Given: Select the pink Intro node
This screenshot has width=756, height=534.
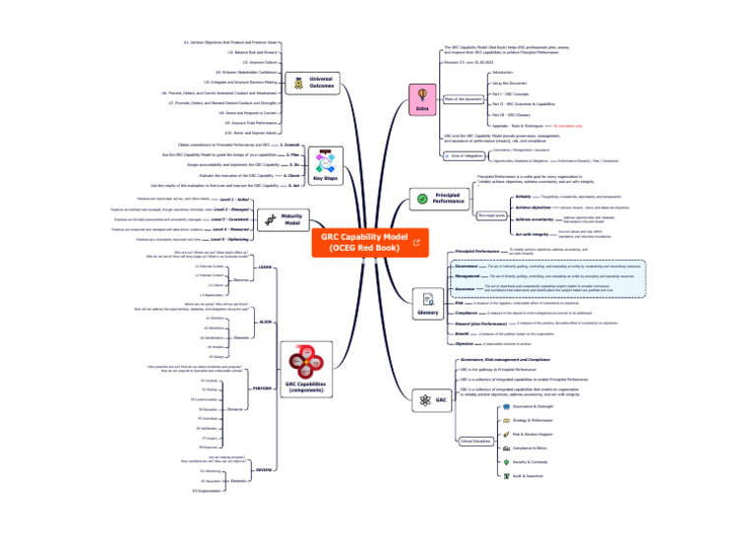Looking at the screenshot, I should [x=421, y=98].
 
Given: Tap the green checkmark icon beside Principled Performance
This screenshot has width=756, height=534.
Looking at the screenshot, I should [x=422, y=199].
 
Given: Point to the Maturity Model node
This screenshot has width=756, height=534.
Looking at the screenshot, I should [x=292, y=219].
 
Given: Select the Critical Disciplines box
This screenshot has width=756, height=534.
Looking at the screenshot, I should [x=475, y=442].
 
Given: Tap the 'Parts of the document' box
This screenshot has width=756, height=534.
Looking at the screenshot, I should [x=463, y=99].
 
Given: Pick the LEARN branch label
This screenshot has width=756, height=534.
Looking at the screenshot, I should [x=265, y=267].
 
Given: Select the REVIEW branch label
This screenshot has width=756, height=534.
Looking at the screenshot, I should [x=264, y=470].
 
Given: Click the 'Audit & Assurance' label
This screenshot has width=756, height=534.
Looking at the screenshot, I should [x=532, y=475].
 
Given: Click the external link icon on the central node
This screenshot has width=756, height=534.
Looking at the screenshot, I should [x=416, y=242].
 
